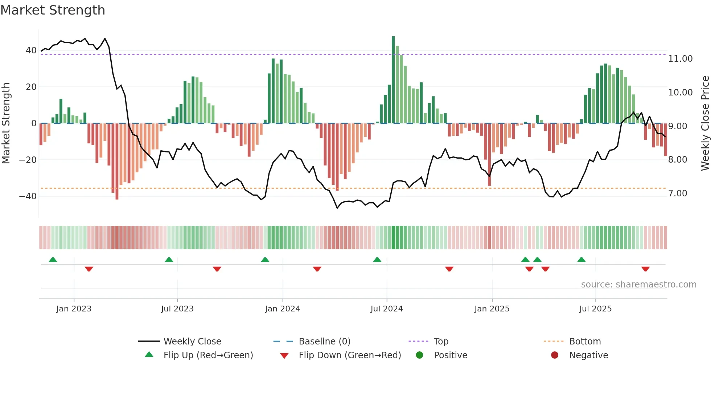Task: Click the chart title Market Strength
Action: [x=53, y=10]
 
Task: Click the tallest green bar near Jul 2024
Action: [x=393, y=80]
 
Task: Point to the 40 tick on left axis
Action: [x=31, y=50]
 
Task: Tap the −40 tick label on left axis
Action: [x=28, y=196]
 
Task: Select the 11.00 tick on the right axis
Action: [x=680, y=59]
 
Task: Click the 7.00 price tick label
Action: [x=678, y=193]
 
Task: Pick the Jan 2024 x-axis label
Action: [x=283, y=309]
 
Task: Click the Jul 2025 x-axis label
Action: [x=595, y=309]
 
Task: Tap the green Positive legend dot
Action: [x=420, y=355]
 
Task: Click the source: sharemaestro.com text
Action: [x=638, y=285]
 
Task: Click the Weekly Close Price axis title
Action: [x=705, y=123]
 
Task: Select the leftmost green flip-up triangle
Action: [x=53, y=260]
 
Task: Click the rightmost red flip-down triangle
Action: [x=645, y=269]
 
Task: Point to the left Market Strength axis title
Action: [x=6, y=123]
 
